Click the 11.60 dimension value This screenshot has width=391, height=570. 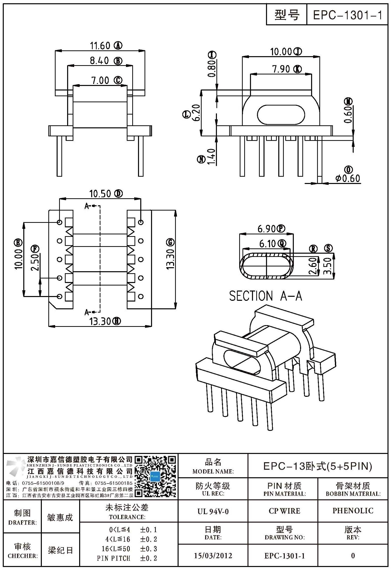(100, 46)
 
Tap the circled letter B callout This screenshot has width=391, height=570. (118, 61)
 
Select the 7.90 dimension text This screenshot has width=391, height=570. (281, 69)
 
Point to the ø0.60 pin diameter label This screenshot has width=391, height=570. (348, 178)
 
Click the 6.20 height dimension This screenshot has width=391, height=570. (197, 113)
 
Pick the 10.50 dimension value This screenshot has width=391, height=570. (100, 194)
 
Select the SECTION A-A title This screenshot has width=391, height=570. (266, 296)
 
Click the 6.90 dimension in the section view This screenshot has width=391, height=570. (267, 229)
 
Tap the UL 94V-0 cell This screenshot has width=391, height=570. (213, 511)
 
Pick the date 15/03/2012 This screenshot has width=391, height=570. (213, 556)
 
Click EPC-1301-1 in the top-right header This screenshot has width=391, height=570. (347, 16)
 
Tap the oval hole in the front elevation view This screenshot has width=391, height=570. (281, 115)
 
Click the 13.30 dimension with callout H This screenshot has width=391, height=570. (100, 321)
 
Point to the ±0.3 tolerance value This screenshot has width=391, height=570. (148, 549)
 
